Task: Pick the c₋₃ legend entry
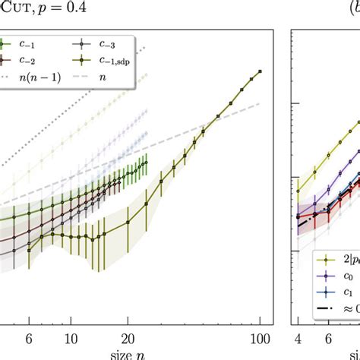click(99, 43)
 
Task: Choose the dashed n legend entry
click(106, 75)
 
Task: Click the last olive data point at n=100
click(261, 71)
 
